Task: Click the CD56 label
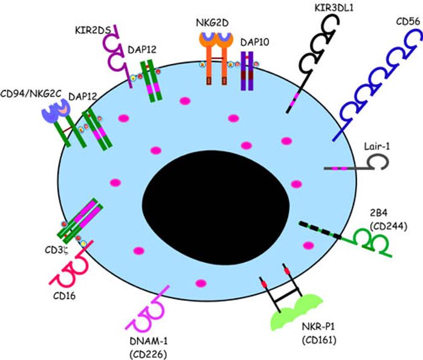tap(403, 22)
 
